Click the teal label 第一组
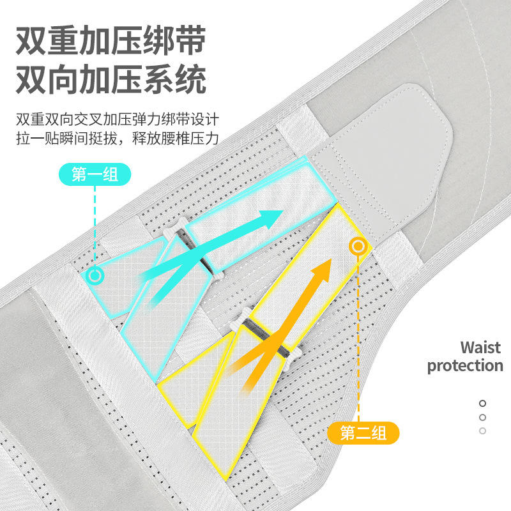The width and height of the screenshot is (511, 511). pos(95,174)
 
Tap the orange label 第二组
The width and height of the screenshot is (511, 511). pos(363,433)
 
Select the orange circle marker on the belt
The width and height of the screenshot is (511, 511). pos(358,246)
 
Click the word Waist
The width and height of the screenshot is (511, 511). pos(481,348)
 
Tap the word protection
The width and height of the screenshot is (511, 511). pos(465,366)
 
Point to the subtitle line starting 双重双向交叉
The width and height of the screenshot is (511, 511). pos(118,120)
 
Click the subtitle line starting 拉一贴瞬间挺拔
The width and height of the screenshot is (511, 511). pos(118,139)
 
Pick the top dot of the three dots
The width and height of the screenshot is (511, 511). pos(483,404)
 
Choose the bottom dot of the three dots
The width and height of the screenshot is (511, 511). pos(483,431)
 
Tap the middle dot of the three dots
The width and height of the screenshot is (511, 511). pos(483,417)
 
